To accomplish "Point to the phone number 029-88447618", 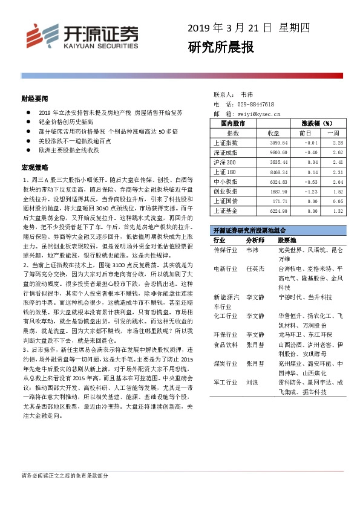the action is click(x=258, y=104).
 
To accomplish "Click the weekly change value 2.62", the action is click(x=338, y=152).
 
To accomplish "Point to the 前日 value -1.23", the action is click(x=309, y=190).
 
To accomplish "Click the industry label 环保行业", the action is click(x=226, y=334).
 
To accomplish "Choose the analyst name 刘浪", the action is click(x=252, y=382).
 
